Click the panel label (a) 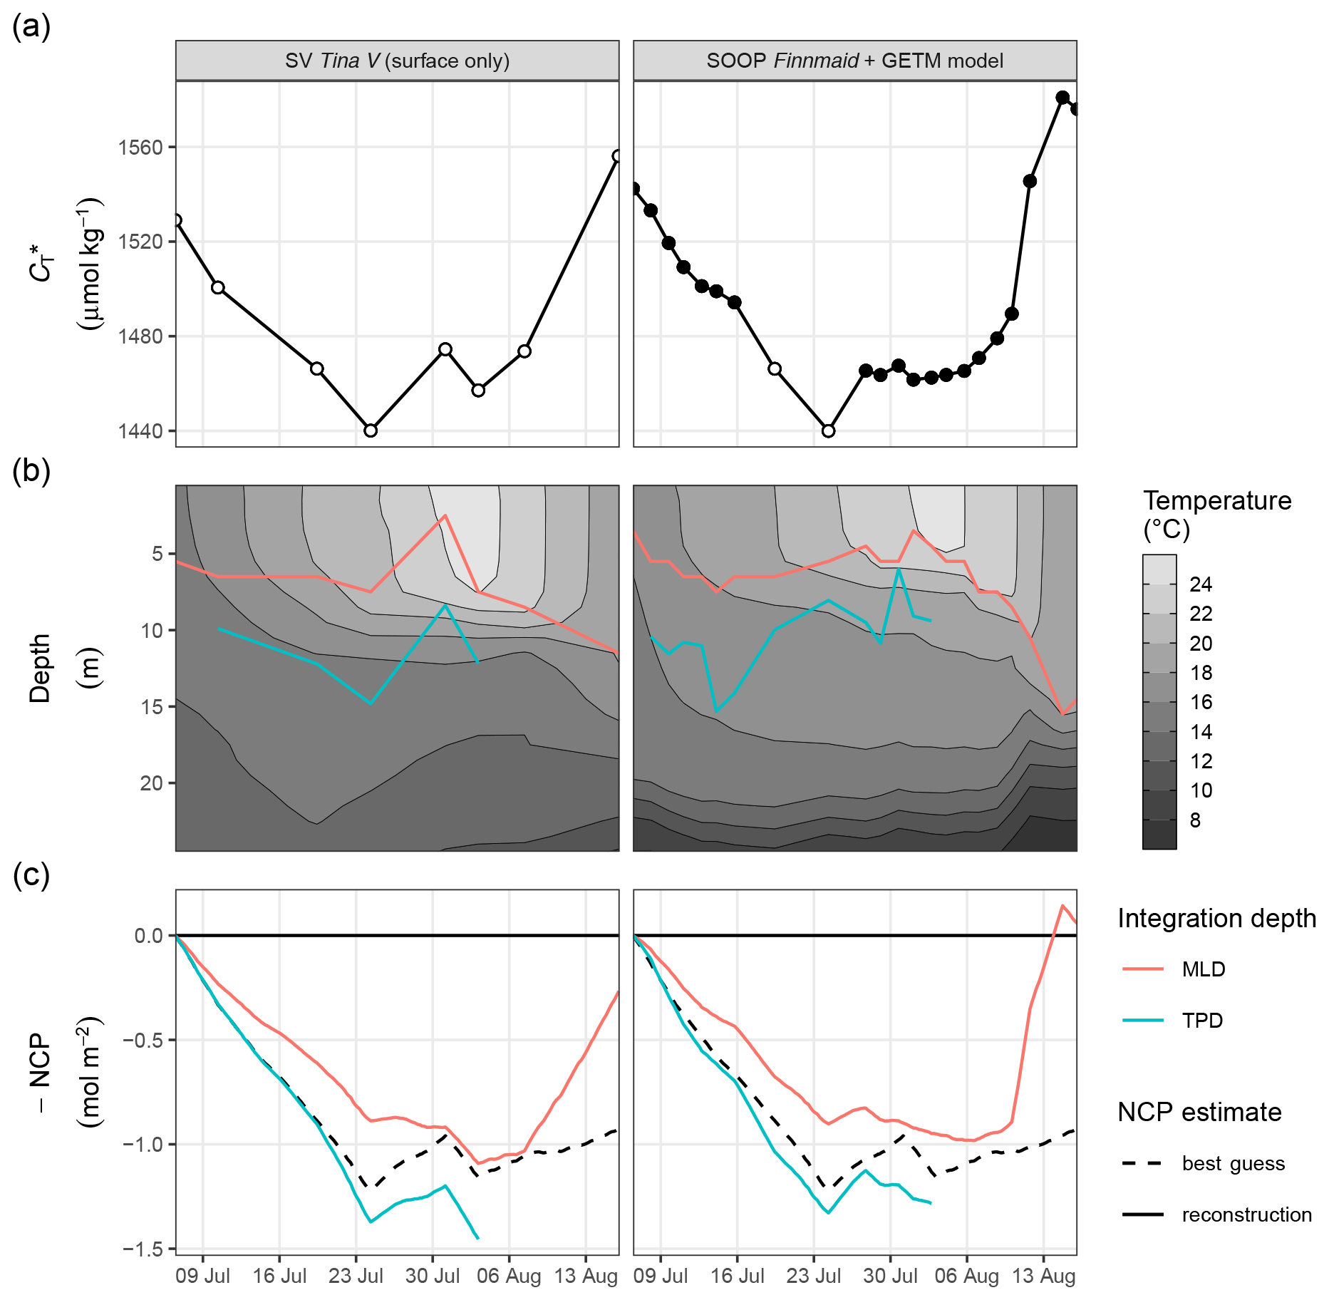pyautogui.click(x=31, y=29)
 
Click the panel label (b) pyautogui.click(x=31, y=472)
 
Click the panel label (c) pyautogui.click(x=31, y=876)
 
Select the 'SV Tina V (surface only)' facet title pyautogui.click(x=397, y=61)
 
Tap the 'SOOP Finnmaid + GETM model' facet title pyautogui.click(x=854, y=61)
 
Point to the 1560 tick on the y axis pyautogui.click(x=140, y=148)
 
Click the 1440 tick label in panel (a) pyautogui.click(x=140, y=430)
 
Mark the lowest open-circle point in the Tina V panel pyautogui.click(x=371, y=430)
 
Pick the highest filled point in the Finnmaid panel pyautogui.click(x=1062, y=98)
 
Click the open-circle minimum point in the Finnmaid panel pyautogui.click(x=828, y=430)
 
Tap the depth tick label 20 pyautogui.click(x=152, y=783)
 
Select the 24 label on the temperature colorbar pyautogui.click(x=1201, y=584)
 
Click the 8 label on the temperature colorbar pyautogui.click(x=1195, y=820)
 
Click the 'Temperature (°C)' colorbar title pyautogui.click(x=1216, y=515)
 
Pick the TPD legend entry pyautogui.click(x=1202, y=1021)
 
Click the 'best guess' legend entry pyautogui.click(x=1233, y=1164)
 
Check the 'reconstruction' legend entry pyautogui.click(x=1246, y=1215)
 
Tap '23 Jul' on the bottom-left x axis pyautogui.click(x=356, y=1276)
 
